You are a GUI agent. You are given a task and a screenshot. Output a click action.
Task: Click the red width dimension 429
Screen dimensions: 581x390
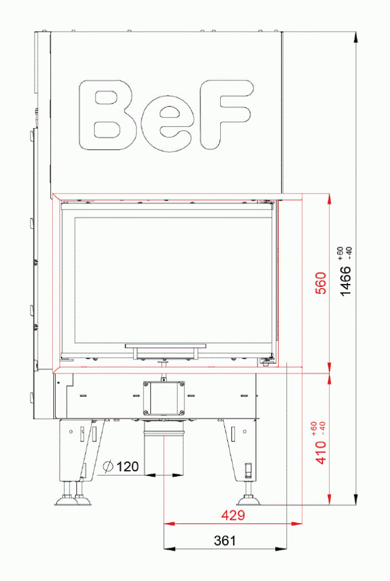233,515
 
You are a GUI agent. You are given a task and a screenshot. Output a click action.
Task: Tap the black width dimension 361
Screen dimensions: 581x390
225,540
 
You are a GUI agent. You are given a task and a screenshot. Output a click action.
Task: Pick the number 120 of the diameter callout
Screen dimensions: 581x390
127,466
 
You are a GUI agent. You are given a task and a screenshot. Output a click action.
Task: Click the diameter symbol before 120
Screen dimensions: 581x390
108,466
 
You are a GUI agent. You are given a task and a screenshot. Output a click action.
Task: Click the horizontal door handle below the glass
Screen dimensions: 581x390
165,347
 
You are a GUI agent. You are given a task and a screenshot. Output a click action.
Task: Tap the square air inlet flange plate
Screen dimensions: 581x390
164,397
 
